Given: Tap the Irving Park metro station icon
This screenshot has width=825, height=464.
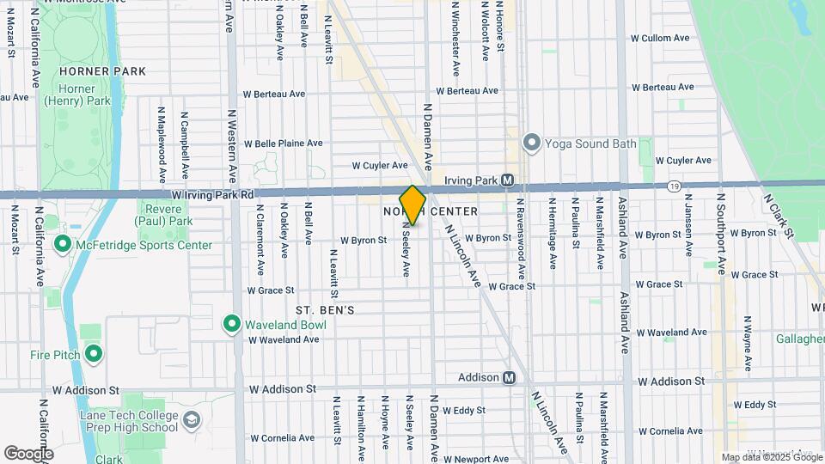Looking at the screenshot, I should pyautogui.click(x=507, y=180).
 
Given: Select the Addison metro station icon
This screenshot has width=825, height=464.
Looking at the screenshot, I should pyautogui.click(x=509, y=377).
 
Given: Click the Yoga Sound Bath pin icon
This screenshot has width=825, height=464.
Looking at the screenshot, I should pyautogui.click(x=531, y=143).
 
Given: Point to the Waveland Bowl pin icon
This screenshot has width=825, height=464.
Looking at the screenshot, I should pyautogui.click(x=231, y=324).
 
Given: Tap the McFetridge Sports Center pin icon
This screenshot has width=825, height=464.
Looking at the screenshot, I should pyautogui.click(x=62, y=245).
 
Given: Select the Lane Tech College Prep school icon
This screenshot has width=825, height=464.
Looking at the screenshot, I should pyautogui.click(x=191, y=420).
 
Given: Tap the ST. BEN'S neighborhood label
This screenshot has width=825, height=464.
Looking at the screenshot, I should pyautogui.click(x=325, y=309).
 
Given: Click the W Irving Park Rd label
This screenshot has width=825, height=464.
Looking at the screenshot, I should pyautogui.click(x=212, y=195).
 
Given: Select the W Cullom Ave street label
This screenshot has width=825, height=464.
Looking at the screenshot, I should pyautogui.click(x=660, y=39).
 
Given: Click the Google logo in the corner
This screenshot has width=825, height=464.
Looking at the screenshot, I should pyautogui.click(x=28, y=453).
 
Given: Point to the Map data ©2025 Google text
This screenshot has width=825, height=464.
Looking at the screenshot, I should pyautogui.click(x=771, y=457).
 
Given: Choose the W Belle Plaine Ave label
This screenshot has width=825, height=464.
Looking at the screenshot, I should pyautogui.click(x=283, y=143).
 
